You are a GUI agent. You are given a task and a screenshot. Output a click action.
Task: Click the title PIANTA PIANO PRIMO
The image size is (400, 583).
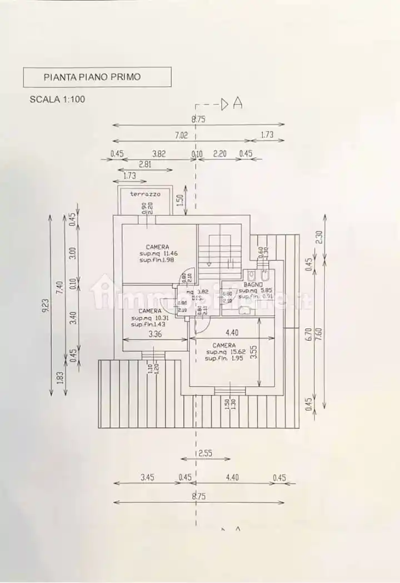pos(92,77)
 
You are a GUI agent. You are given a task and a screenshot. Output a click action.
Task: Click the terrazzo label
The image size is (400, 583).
pos(145,194)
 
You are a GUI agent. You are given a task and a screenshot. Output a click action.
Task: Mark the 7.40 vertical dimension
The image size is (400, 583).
pos(60,288)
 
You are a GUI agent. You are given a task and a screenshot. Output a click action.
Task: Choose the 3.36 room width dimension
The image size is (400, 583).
pos(155,334)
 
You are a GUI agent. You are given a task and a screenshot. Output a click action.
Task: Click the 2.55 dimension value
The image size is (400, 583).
pos(206,453)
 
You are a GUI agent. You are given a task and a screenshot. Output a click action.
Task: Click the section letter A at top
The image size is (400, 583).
pos(238,103)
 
